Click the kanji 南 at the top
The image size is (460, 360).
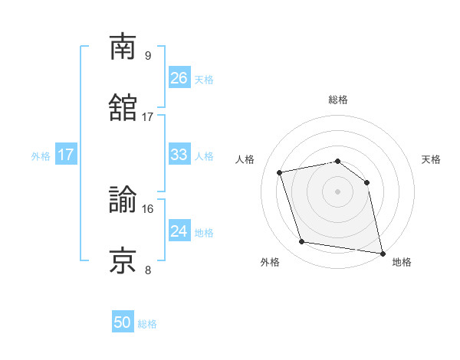click(x=123, y=47)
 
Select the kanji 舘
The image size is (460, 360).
click(x=123, y=108)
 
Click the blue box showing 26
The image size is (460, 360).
click(x=179, y=78)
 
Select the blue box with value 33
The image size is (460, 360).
click(x=179, y=155)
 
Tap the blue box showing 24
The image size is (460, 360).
click(x=179, y=231)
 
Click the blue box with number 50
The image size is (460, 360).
click(x=123, y=323)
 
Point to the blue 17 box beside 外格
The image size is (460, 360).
click(x=66, y=155)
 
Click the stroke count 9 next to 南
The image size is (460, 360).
click(x=147, y=55)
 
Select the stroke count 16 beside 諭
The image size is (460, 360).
click(x=148, y=208)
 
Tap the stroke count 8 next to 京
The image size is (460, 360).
click(x=147, y=270)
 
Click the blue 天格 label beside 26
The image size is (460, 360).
click(x=204, y=80)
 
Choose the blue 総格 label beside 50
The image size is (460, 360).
click(x=147, y=325)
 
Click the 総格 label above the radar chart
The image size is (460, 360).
click(x=338, y=100)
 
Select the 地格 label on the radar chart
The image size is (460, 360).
click(x=402, y=262)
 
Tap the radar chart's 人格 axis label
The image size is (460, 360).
click(x=245, y=159)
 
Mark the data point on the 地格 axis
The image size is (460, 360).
click(x=381, y=252)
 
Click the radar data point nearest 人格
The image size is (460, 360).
click(x=280, y=172)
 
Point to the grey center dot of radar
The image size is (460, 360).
click(x=338, y=191)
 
